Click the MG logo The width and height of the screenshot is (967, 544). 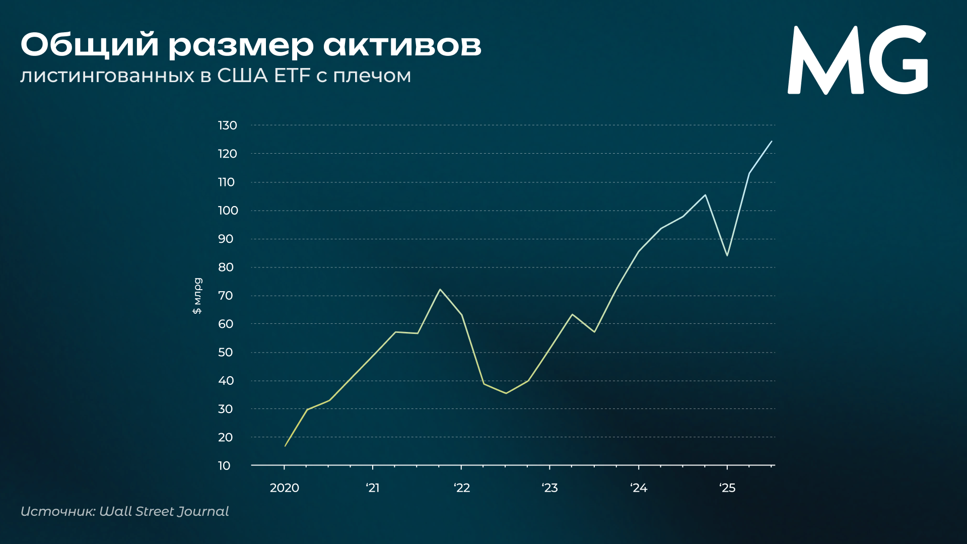coord(857,60)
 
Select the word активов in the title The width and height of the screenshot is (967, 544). coord(402,45)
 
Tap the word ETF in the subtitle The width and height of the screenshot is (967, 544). coord(292,76)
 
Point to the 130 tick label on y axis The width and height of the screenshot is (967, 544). coord(227,125)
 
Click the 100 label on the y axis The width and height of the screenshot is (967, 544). coord(228,211)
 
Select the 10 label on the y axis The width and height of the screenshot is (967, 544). coord(224,466)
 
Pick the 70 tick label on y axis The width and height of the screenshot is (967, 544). coord(226,296)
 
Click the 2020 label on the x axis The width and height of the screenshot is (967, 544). coord(285,488)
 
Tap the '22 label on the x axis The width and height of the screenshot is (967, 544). coord(462,488)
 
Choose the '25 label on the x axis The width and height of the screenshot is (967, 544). coord(727,488)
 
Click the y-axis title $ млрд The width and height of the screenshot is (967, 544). coord(197,296)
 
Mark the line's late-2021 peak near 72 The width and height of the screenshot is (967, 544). coord(440,289)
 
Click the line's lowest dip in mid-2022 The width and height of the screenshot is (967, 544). coord(506,393)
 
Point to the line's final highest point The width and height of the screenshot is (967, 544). coord(772,141)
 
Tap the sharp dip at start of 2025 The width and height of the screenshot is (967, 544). coord(727,255)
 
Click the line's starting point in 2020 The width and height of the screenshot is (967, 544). coord(285,446)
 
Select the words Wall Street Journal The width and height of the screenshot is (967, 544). coord(164,511)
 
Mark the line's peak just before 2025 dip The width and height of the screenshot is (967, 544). coord(705,195)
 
